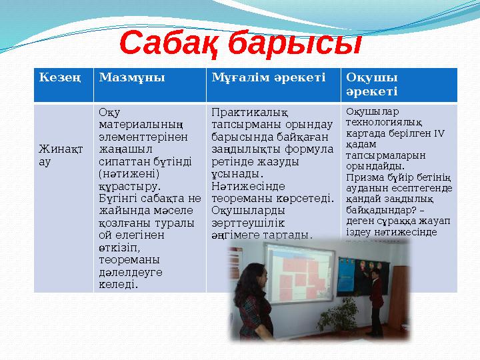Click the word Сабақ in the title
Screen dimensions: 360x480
click(x=170, y=44)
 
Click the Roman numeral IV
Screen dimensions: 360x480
click(x=439, y=133)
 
